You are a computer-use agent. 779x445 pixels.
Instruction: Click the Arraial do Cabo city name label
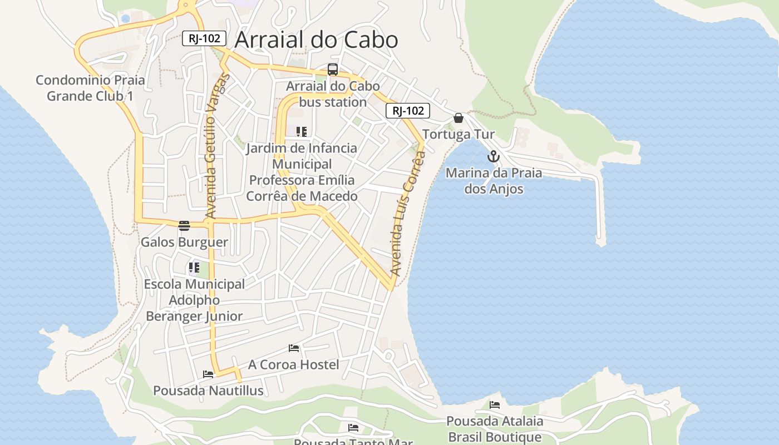pyautogui.click(x=316, y=40)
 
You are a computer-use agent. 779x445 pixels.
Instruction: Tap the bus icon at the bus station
pyautogui.click(x=332, y=70)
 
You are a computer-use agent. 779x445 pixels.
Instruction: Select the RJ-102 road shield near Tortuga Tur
pyautogui.click(x=408, y=111)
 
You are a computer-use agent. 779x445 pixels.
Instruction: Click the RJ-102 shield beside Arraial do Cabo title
pyautogui.click(x=204, y=38)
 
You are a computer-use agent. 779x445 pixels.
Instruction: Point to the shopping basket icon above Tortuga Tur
pyautogui.click(x=458, y=118)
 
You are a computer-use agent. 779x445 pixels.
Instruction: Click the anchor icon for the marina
pyautogui.click(x=494, y=157)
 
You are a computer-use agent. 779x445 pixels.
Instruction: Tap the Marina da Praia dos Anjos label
pyautogui.click(x=494, y=181)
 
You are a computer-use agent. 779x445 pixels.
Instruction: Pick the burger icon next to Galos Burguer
pyautogui.click(x=184, y=225)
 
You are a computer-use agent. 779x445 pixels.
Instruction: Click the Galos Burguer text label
pyautogui.click(x=184, y=242)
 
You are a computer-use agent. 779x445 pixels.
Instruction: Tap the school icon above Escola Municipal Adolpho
pyautogui.click(x=194, y=268)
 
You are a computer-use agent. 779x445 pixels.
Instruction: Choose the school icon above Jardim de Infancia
pyautogui.click(x=301, y=132)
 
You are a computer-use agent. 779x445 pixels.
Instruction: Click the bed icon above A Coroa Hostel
pyautogui.click(x=294, y=348)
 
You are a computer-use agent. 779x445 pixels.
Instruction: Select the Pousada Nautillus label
pyautogui.click(x=208, y=390)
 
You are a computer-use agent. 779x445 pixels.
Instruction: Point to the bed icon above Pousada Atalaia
pyautogui.click(x=494, y=405)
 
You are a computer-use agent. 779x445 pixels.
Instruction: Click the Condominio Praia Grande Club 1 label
pyautogui.click(x=90, y=88)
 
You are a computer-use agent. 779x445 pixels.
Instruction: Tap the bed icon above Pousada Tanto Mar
pyautogui.click(x=353, y=427)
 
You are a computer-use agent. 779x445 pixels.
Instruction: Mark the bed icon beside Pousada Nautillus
pyautogui.click(x=208, y=374)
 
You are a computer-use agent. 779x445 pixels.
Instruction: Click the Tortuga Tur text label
pyautogui.click(x=458, y=135)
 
